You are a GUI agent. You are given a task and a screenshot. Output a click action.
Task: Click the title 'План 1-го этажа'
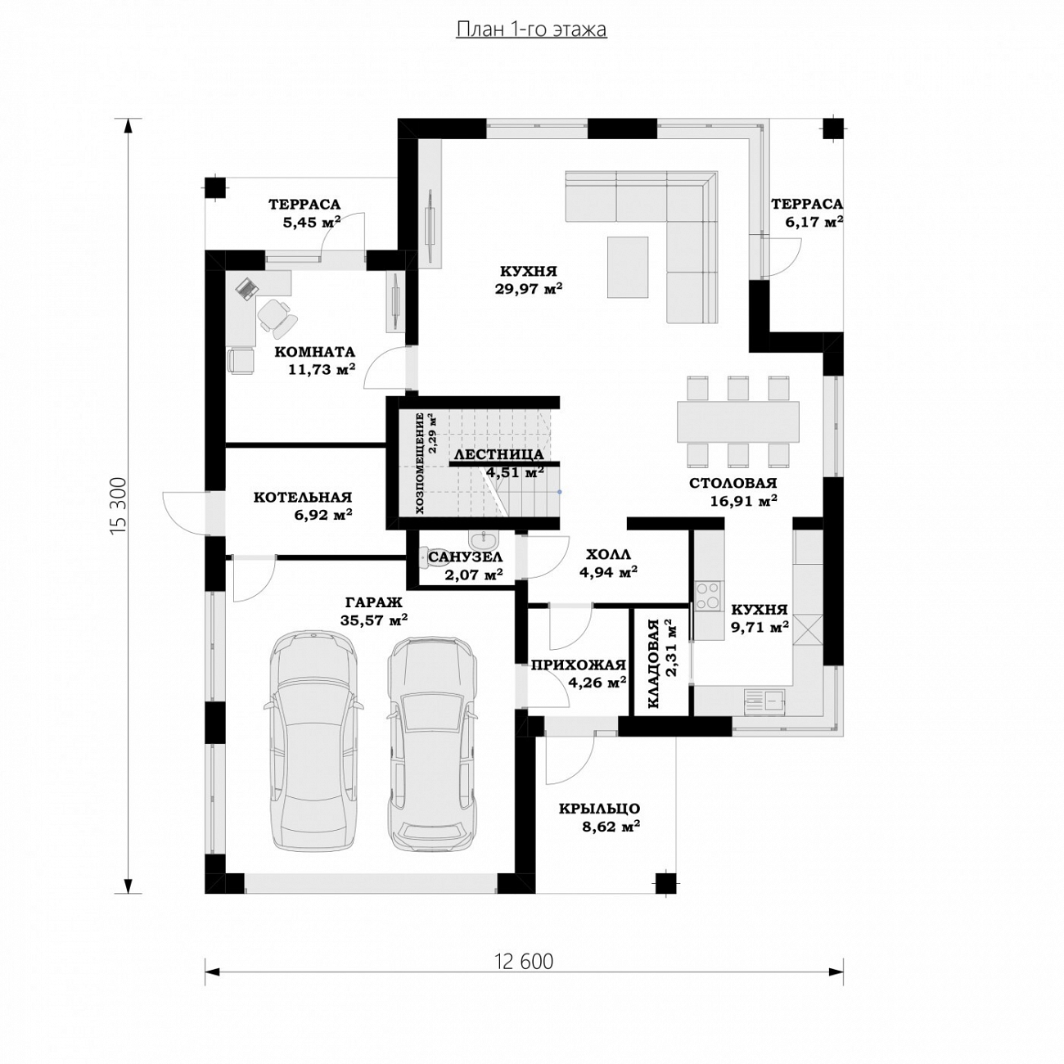point(531,29)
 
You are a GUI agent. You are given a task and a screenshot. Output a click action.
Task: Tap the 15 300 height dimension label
point(119,505)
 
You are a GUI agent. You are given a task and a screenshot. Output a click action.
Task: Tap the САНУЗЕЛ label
point(466,557)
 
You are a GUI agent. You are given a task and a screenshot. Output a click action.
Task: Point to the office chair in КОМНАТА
point(277,317)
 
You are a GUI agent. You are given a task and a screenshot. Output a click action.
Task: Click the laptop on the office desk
point(247,288)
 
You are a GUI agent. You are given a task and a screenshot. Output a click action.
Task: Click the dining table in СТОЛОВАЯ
point(738,422)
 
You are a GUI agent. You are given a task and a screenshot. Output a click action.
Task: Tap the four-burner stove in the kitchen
point(708,595)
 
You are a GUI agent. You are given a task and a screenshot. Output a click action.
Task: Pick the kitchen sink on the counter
point(764,700)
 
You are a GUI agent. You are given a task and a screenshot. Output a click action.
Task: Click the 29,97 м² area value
point(529,289)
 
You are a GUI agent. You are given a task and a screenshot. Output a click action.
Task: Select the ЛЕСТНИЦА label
point(498,455)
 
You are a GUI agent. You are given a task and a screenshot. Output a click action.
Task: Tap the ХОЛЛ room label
point(608,554)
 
